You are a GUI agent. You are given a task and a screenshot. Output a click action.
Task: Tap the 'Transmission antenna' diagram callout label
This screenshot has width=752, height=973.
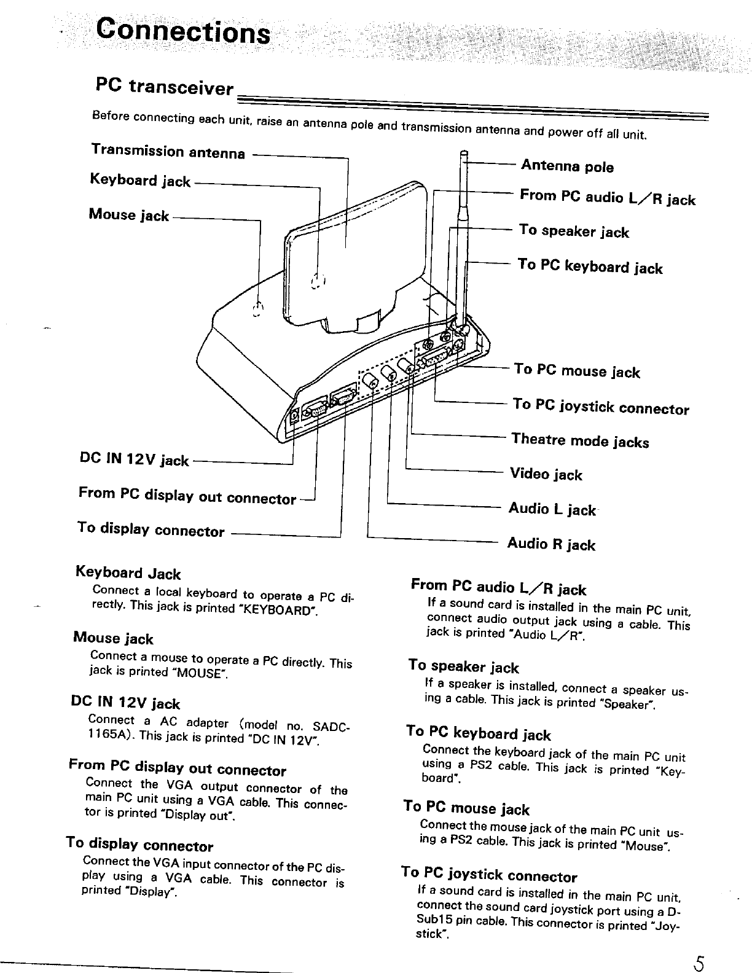tap(168, 152)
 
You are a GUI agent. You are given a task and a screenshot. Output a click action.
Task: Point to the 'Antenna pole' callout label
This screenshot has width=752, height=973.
tap(566, 166)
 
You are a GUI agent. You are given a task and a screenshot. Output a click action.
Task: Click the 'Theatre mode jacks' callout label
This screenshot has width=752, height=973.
tap(579, 440)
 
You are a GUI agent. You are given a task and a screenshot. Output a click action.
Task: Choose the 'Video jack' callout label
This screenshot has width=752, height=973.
tap(546, 474)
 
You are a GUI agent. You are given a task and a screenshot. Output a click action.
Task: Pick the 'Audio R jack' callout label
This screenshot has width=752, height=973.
tap(550, 544)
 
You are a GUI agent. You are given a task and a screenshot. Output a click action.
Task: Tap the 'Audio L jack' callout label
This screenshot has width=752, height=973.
tap(551, 509)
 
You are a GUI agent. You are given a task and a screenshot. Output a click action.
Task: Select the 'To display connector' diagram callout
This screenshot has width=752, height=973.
tap(151, 529)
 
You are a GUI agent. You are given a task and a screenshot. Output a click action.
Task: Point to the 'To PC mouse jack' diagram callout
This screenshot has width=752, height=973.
tap(576, 370)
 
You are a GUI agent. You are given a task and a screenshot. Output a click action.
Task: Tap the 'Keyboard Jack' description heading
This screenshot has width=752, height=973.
tap(128, 573)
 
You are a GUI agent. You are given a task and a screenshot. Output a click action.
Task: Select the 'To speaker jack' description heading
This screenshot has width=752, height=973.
tap(463, 666)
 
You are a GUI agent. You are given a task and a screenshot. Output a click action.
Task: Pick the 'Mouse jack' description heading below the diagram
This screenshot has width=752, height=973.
tap(113, 639)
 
